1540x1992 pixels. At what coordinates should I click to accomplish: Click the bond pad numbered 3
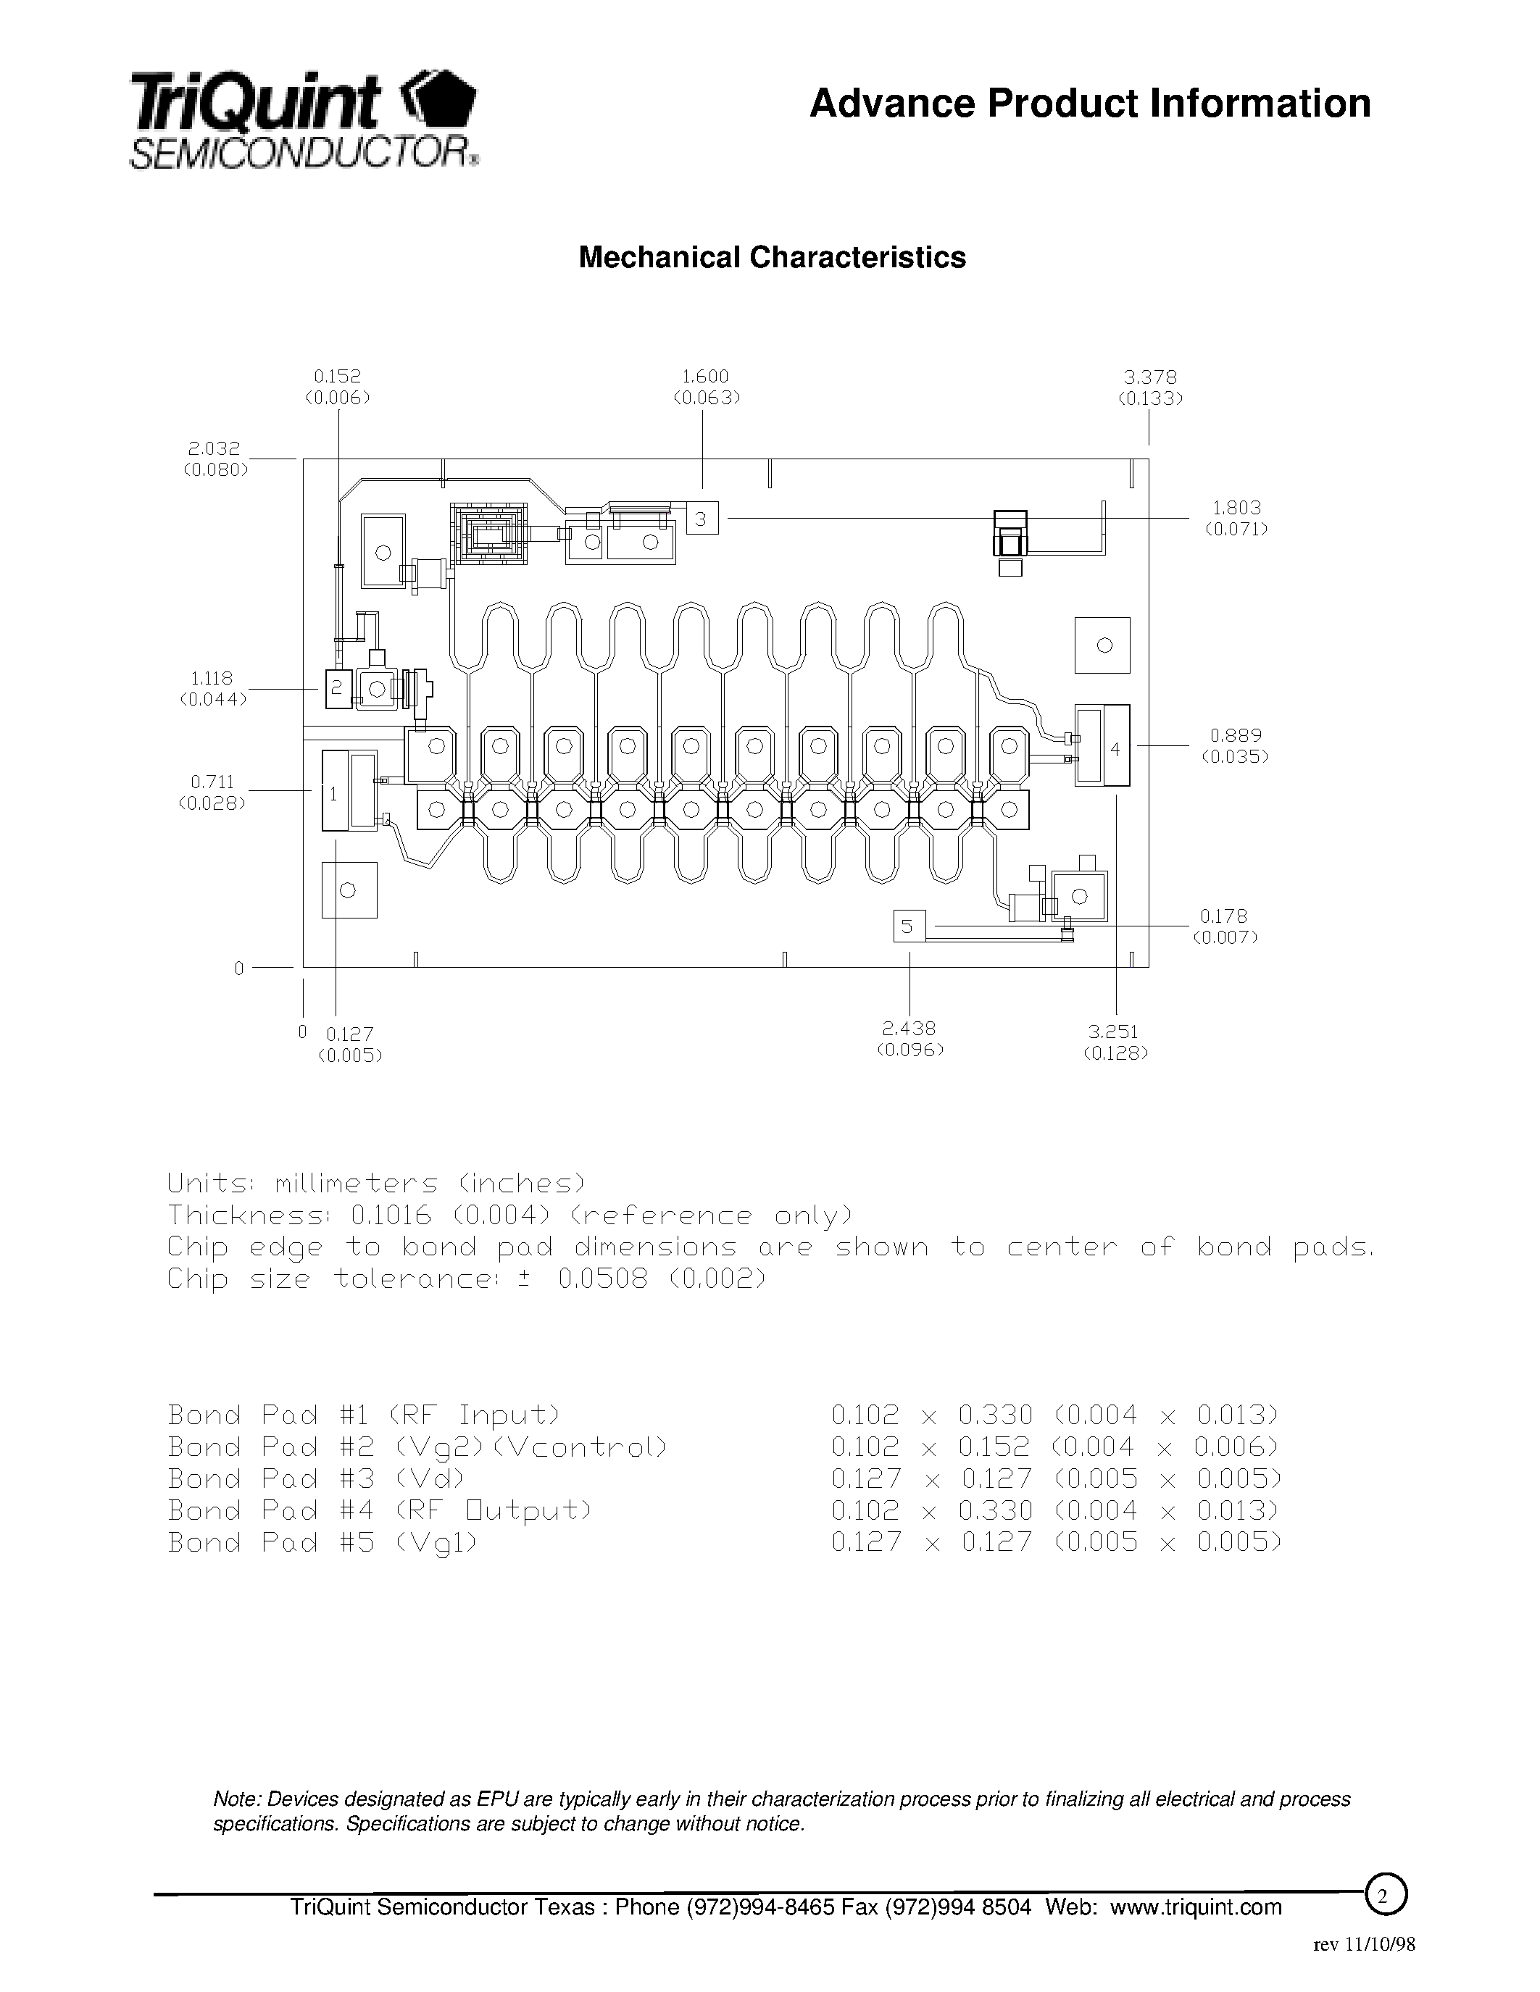tap(702, 518)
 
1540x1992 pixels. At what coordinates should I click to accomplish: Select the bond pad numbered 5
tap(909, 926)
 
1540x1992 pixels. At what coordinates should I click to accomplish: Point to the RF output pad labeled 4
tap(1102, 745)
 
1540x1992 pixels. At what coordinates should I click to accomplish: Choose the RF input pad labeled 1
tap(335, 791)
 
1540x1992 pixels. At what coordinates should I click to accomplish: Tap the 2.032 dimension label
tap(215, 448)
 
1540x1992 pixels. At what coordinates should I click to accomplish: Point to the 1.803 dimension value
tap(1236, 507)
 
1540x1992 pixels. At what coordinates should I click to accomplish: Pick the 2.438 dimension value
tap(909, 1029)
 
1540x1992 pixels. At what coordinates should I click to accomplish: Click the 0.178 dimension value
tap(1223, 916)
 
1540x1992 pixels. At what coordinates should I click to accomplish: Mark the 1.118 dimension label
tap(212, 678)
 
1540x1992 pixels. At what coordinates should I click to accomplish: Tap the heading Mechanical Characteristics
tap(772, 258)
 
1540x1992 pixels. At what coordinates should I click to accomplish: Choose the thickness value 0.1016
tap(391, 1215)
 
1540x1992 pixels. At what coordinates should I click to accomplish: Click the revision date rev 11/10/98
tap(1364, 1943)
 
